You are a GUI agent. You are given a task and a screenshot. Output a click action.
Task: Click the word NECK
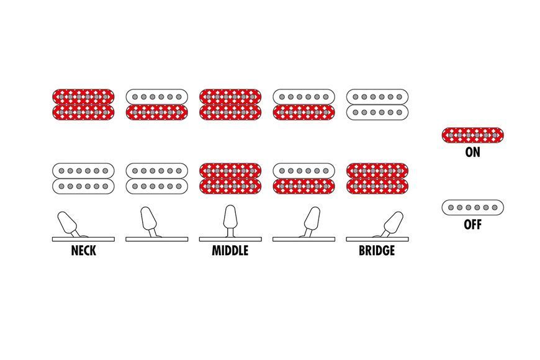83,251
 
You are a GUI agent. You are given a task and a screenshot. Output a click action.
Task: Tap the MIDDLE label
230,251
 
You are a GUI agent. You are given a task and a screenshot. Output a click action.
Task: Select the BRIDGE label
377,251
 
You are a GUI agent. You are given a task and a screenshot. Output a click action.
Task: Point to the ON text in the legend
472,152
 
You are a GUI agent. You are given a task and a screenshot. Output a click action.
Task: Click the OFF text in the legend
472,225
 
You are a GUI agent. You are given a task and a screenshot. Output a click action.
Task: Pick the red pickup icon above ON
472,135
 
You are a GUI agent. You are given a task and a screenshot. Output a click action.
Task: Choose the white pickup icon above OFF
472,207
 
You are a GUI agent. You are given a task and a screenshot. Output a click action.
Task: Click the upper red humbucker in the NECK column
83,105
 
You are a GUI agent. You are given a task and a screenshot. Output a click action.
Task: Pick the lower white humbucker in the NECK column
83,179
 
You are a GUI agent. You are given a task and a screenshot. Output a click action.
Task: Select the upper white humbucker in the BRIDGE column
377,105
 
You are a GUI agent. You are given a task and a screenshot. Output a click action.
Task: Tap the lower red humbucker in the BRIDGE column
377,179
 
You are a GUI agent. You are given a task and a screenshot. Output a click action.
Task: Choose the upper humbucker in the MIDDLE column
230,105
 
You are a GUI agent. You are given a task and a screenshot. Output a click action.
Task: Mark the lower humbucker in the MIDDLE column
230,179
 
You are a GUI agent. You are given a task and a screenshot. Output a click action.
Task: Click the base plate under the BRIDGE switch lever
377,239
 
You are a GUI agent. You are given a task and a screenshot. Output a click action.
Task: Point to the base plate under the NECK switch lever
83,239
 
